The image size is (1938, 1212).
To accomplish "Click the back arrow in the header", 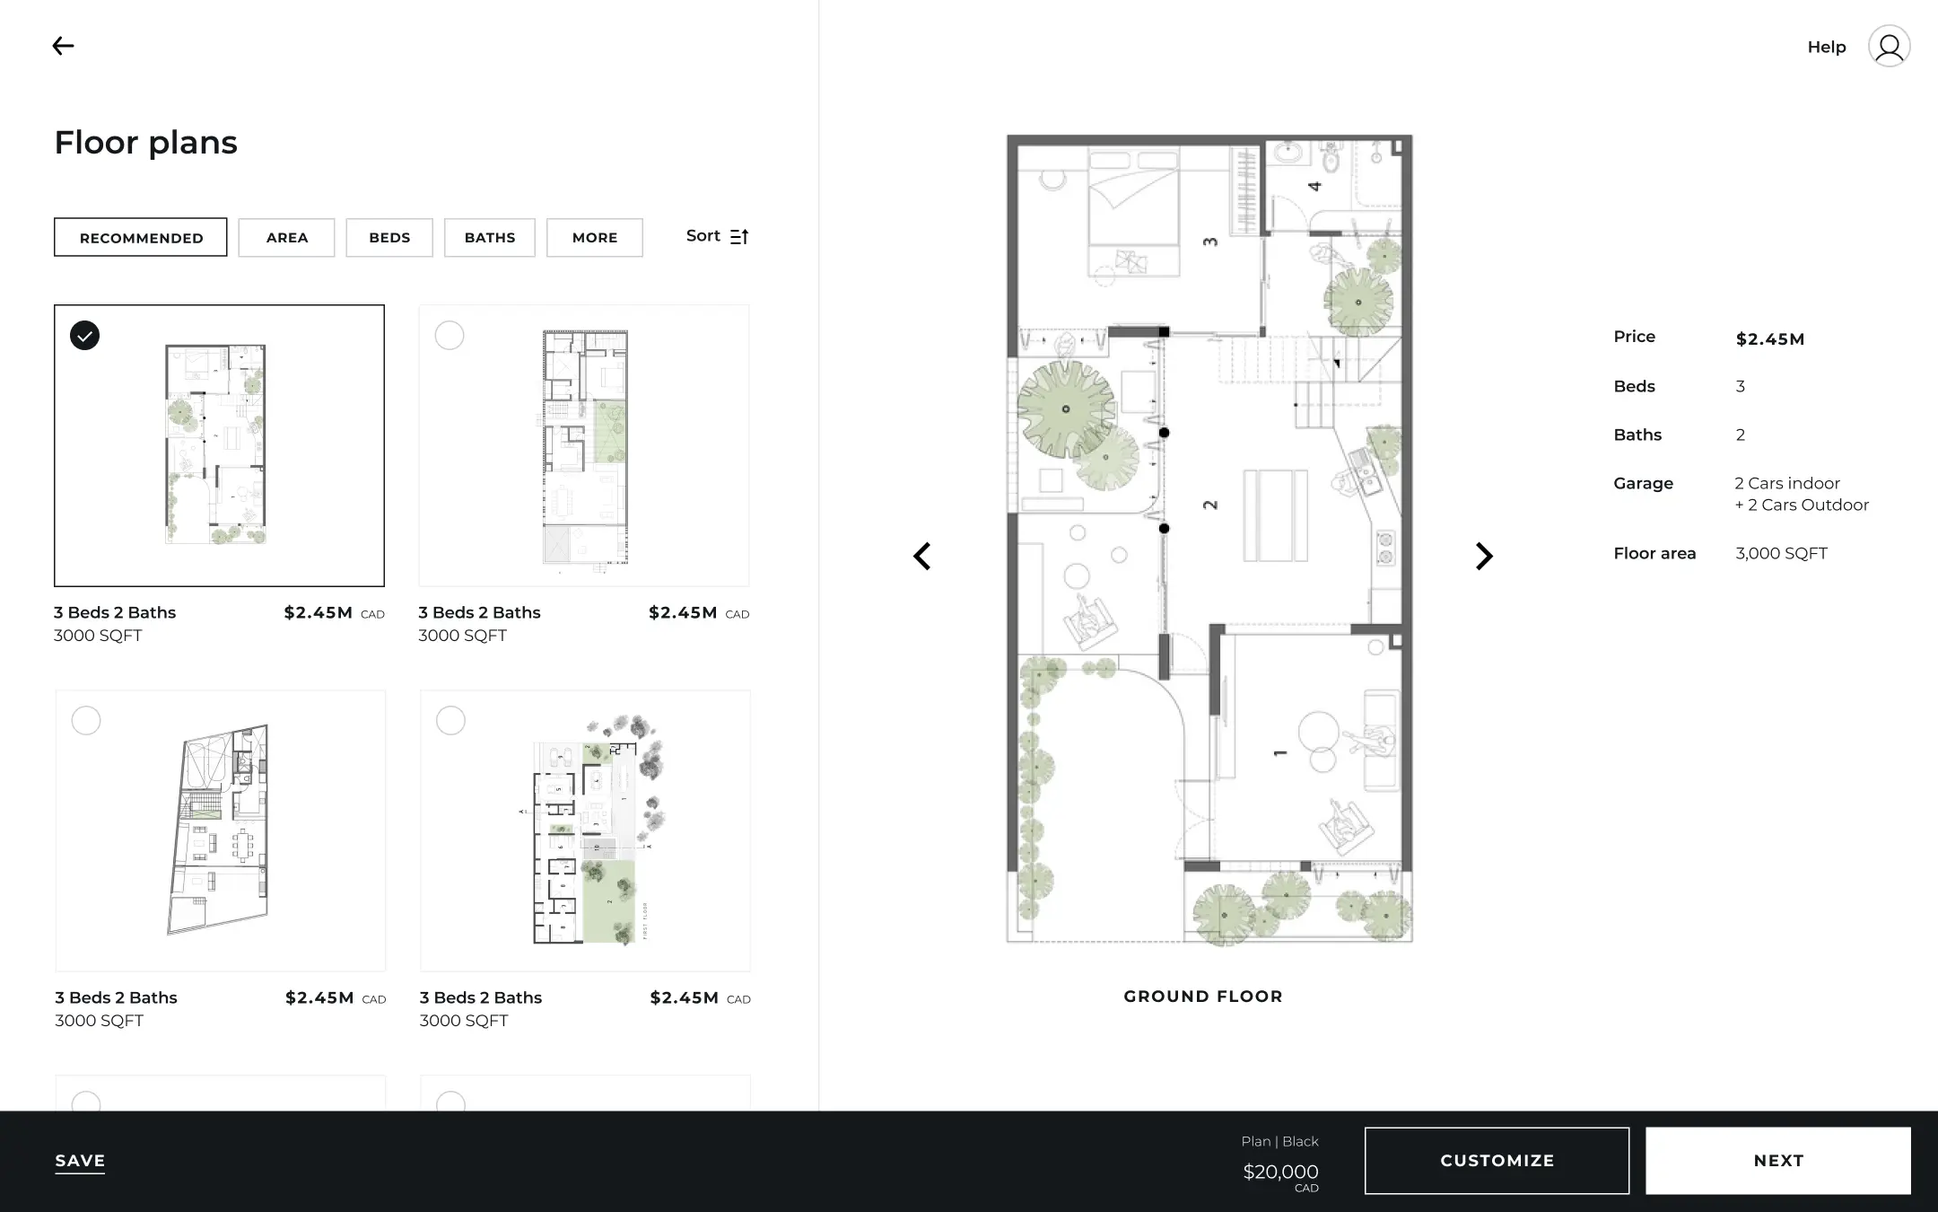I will (x=63, y=46).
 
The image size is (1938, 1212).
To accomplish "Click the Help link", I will (x=1826, y=48).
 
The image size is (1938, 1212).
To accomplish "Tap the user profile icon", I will (x=1889, y=47).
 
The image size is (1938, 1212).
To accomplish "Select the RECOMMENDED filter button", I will (x=141, y=238).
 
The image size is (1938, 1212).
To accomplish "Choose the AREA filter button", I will (x=287, y=238).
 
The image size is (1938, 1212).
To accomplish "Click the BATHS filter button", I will (x=490, y=238).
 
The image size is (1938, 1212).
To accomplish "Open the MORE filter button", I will (x=595, y=238).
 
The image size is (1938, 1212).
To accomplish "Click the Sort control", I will (x=717, y=236).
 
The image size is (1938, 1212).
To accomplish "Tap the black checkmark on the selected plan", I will (x=85, y=336).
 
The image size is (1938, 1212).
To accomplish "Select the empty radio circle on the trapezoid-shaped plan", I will (x=86, y=720).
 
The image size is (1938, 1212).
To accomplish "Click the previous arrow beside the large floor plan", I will (x=922, y=557).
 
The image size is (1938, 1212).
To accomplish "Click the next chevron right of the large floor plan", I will (x=1484, y=557).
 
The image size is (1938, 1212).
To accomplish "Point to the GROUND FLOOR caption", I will (x=1203, y=997).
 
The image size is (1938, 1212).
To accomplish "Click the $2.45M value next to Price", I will (x=1769, y=339).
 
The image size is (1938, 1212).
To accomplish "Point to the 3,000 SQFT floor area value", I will (x=1781, y=554).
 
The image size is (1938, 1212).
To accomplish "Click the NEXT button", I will (x=1777, y=1161).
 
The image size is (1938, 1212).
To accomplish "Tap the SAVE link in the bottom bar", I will (x=80, y=1161).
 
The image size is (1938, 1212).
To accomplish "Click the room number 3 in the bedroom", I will (x=1210, y=242).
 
